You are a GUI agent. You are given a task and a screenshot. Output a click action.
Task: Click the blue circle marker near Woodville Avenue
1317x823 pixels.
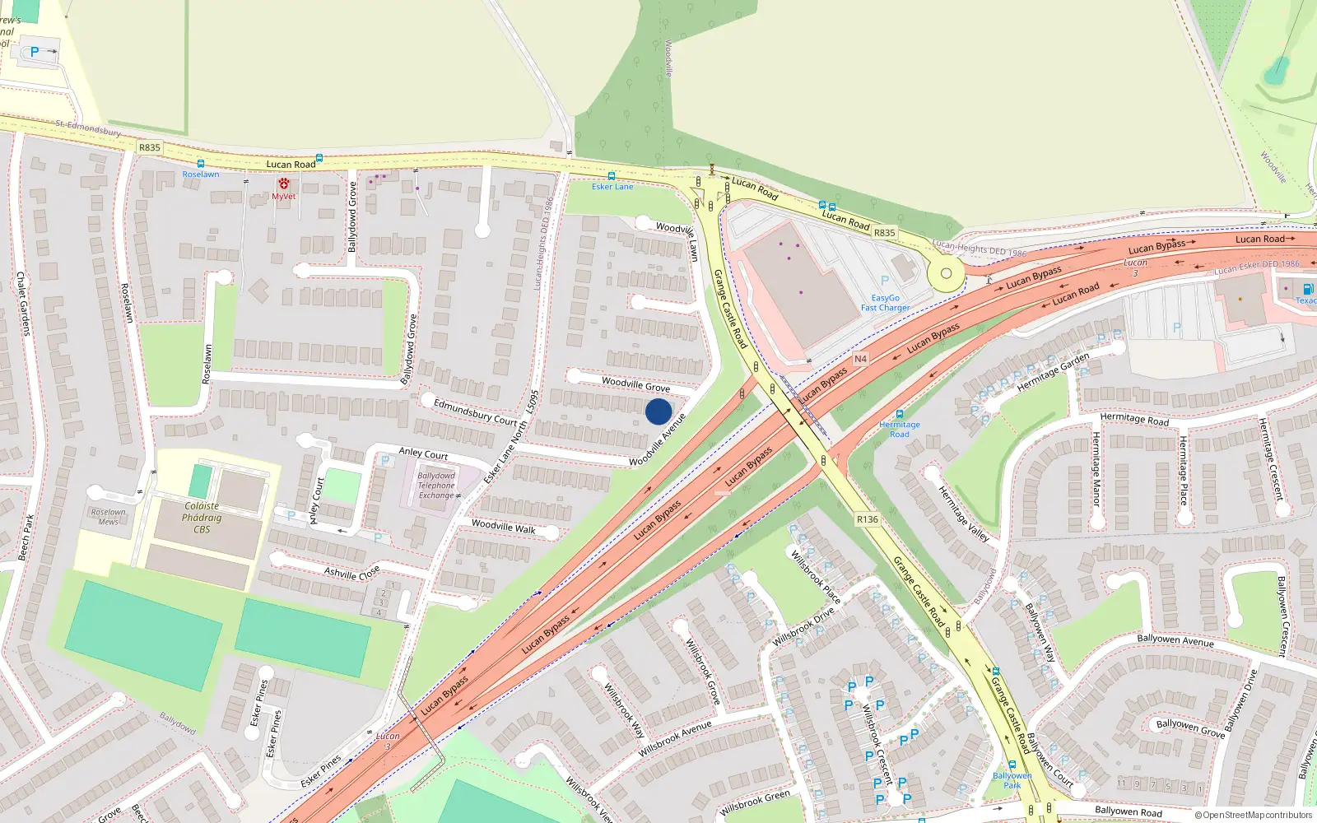(658, 411)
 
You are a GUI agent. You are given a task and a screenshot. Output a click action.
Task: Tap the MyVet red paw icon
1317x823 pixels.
(284, 184)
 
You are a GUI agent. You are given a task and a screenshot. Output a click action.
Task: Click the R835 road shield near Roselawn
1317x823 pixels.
(150, 147)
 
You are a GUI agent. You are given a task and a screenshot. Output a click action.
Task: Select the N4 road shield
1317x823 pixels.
(860, 359)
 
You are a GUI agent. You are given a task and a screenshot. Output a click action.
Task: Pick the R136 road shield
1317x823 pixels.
(867, 519)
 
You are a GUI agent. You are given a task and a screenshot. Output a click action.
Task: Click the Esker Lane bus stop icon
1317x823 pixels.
(612, 176)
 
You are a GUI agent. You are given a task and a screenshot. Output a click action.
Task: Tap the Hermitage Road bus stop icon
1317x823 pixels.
(899, 414)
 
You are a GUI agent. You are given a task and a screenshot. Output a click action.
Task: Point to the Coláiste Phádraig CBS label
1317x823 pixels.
(202, 518)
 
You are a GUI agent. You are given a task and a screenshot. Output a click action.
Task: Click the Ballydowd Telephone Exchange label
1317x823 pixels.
(436, 486)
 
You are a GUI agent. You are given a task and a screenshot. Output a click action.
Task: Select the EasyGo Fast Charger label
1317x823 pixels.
(886, 303)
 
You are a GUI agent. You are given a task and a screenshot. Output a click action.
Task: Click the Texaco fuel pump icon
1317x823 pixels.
(1308, 289)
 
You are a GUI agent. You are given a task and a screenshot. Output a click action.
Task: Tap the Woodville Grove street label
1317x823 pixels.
(635, 384)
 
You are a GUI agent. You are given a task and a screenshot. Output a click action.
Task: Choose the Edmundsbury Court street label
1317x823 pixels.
(475, 411)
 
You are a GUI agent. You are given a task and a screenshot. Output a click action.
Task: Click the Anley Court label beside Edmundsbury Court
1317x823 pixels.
(423, 453)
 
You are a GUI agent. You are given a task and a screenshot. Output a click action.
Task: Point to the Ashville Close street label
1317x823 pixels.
(351, 572)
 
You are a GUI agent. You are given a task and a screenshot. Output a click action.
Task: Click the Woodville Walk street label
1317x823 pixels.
(503, 527)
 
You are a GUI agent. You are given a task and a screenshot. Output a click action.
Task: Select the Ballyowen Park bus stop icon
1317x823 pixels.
(1012, 765)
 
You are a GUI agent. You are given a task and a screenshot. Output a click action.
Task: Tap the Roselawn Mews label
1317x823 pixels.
(109, 517)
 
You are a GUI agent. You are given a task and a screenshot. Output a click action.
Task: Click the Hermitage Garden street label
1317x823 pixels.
(1053, 372)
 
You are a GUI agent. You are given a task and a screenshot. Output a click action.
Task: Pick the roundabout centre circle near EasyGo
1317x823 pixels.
(946, 274)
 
